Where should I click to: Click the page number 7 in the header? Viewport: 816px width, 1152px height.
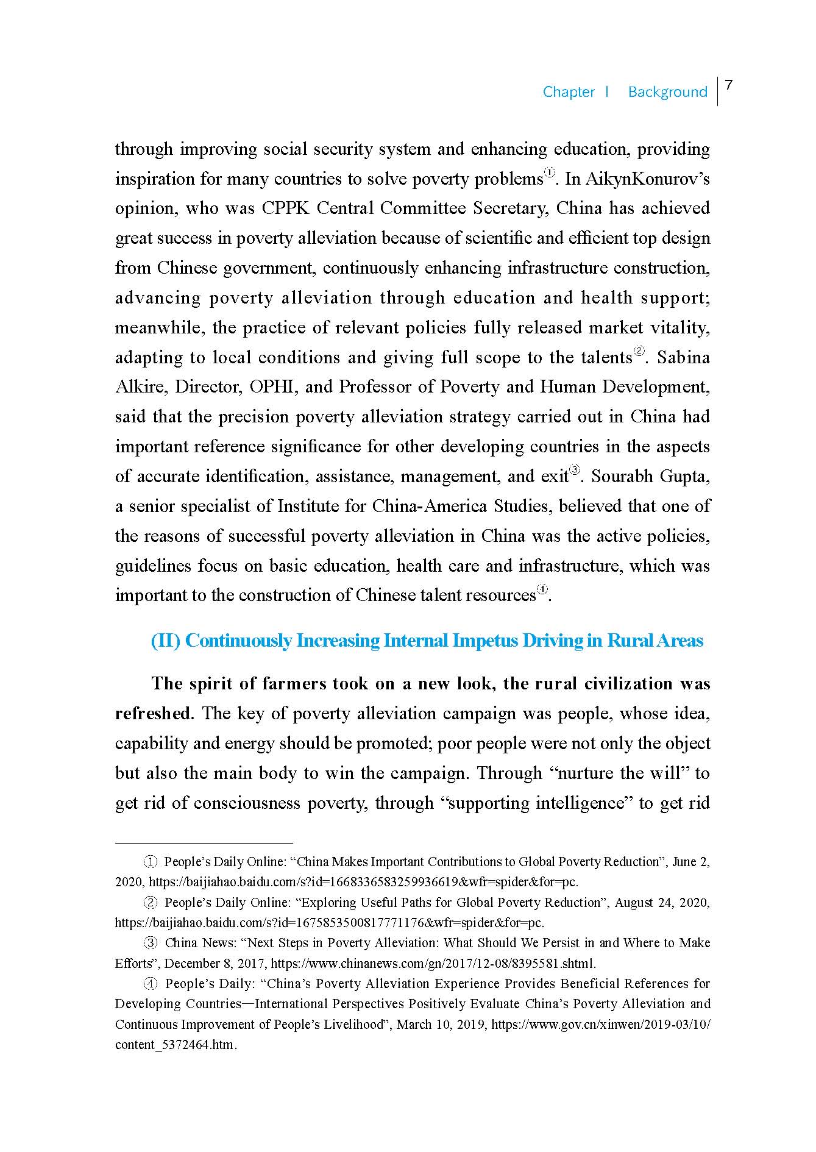(728, 86)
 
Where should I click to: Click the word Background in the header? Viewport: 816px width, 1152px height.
(667, 92)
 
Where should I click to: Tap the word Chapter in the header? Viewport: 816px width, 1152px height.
(569, 92)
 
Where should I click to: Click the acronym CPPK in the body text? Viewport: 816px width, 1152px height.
(286, 208)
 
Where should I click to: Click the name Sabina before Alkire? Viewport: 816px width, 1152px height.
(683, 357)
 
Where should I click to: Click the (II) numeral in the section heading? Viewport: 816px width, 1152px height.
(165, 641)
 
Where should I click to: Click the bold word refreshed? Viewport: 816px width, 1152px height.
(153, 714)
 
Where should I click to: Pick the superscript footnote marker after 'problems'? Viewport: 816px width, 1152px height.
(550, 174)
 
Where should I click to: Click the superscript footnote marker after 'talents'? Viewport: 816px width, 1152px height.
(639, 352)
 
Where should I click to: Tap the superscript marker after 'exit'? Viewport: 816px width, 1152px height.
(574, 471)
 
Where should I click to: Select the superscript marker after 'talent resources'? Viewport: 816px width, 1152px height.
(542, 590)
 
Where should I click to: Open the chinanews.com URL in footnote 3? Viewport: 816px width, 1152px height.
(433, 964)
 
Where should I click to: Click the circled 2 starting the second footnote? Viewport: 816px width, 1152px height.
(150, 903)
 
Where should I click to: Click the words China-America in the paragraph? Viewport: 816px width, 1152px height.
(430, 507)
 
